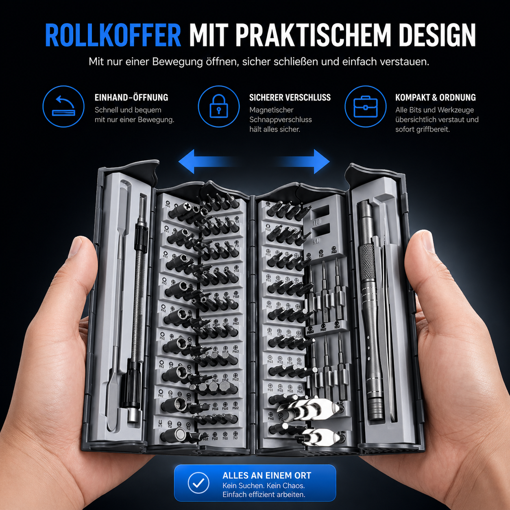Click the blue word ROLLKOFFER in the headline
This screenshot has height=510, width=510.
[113, 36]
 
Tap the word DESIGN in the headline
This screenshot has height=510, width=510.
[437, 36]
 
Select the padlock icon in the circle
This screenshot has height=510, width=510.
[218, 106]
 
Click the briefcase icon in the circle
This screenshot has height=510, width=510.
[365, 107]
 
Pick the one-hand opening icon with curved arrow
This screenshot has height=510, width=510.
[63, 107]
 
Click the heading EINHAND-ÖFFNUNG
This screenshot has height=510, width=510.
[131, 98]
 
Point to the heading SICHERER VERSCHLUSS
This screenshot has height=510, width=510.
[290, 98]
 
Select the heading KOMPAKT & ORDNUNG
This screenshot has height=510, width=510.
[435, 98]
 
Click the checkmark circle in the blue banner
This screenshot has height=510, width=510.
[198, 483]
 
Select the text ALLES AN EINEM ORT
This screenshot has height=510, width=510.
[266, 475]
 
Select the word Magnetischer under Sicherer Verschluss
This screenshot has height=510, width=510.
[271, 110]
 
